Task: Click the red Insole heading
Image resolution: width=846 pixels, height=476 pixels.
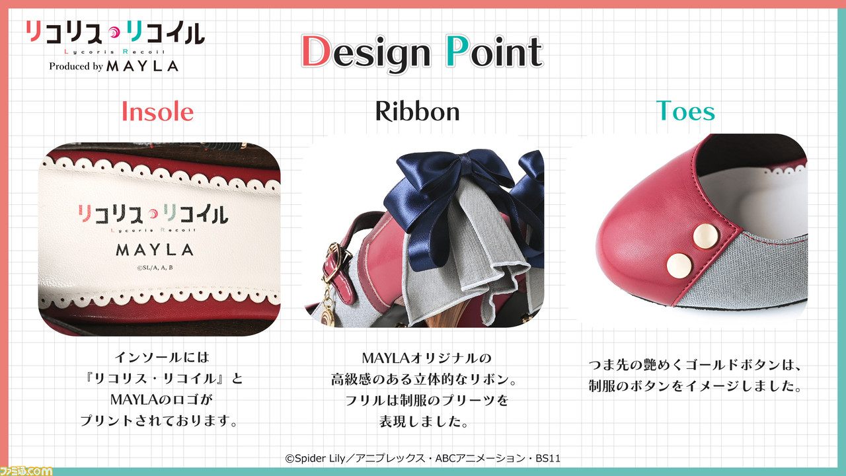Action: (x=157, y=112)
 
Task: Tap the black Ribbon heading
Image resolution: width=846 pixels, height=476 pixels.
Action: (x=417, y=112)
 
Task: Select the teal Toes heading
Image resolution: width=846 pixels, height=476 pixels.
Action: (x=685, y=111)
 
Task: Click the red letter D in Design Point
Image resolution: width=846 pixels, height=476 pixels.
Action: (x=317, y=52)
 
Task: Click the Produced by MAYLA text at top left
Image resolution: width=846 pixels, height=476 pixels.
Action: (x=114, y=66)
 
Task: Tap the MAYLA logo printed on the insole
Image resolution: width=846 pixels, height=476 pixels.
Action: (x=155, y=250)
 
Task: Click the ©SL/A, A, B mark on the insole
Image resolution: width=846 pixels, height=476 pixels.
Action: (x=155, y=268)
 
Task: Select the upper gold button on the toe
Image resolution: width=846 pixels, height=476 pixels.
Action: (x=705, y=236)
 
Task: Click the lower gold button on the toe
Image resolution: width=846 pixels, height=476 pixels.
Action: (x=679, y=266)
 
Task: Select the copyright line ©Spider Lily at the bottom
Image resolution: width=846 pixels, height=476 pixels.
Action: (x=422, y=458)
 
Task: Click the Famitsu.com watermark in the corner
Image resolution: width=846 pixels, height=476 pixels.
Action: (x=26, y=471)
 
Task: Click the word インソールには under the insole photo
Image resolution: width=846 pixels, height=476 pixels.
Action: (x=162, y=357)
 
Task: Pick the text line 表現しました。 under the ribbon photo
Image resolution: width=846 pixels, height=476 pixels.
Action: (x=424, y=422)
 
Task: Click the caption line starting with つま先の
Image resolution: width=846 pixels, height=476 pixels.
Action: (x=695, y=365)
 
